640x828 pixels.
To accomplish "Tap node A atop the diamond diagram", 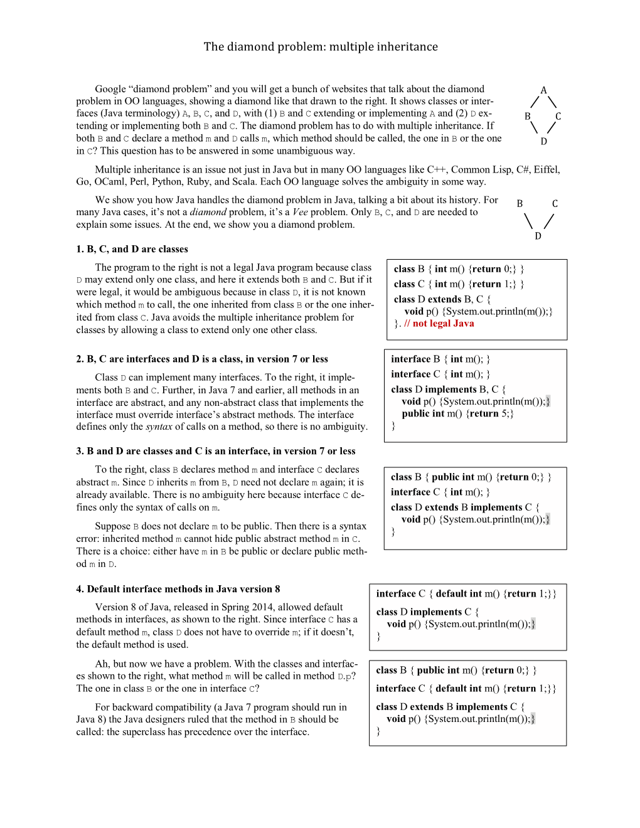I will click(543, 90).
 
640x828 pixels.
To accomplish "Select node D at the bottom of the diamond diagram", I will click(543, 141).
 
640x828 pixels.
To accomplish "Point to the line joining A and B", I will click(535, 102).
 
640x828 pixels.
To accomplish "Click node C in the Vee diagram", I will click(555, 203).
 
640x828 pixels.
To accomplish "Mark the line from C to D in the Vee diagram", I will click(549, 221).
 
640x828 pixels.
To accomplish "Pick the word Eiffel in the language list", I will click(546, 169).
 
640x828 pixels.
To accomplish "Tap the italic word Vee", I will click(300, 212).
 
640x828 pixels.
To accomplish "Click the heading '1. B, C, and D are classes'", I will click(132, 249).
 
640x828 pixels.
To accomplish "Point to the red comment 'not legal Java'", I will click(443, 324).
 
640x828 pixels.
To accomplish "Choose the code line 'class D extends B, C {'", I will click(442, 299).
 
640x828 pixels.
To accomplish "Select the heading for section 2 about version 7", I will click(202, 359).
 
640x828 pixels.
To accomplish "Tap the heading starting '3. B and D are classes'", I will click(216, 451).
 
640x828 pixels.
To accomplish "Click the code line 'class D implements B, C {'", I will click(448, 390).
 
